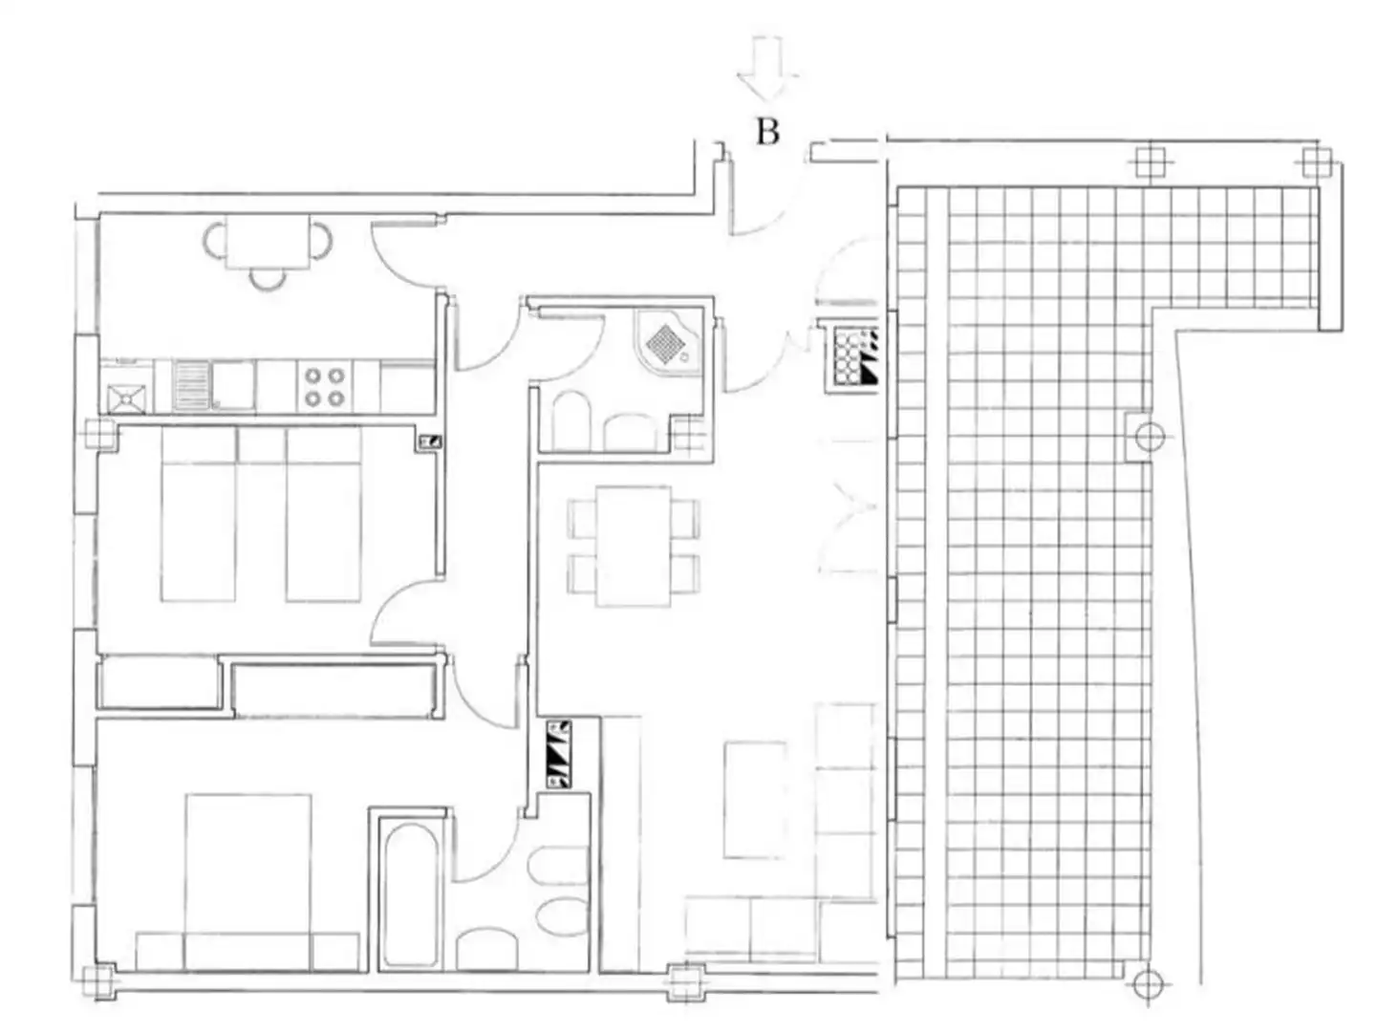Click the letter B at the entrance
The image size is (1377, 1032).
(767, 132)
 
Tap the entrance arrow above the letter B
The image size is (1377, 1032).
(766, 68)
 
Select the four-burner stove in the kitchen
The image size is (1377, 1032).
(324, 386)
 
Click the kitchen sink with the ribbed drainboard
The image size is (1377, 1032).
(213, 385)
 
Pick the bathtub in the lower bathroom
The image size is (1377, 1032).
(411, 895)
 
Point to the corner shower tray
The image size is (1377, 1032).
(669, 342)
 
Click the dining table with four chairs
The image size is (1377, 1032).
(633, 546)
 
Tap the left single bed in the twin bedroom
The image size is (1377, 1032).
(198, 514)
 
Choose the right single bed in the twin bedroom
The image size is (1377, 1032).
(324, 514)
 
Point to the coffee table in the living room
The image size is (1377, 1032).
(755, 800)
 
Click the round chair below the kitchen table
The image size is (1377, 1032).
(268, 280)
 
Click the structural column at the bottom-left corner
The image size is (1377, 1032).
(100, 981)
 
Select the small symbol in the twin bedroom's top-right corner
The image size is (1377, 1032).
(430, 441)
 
